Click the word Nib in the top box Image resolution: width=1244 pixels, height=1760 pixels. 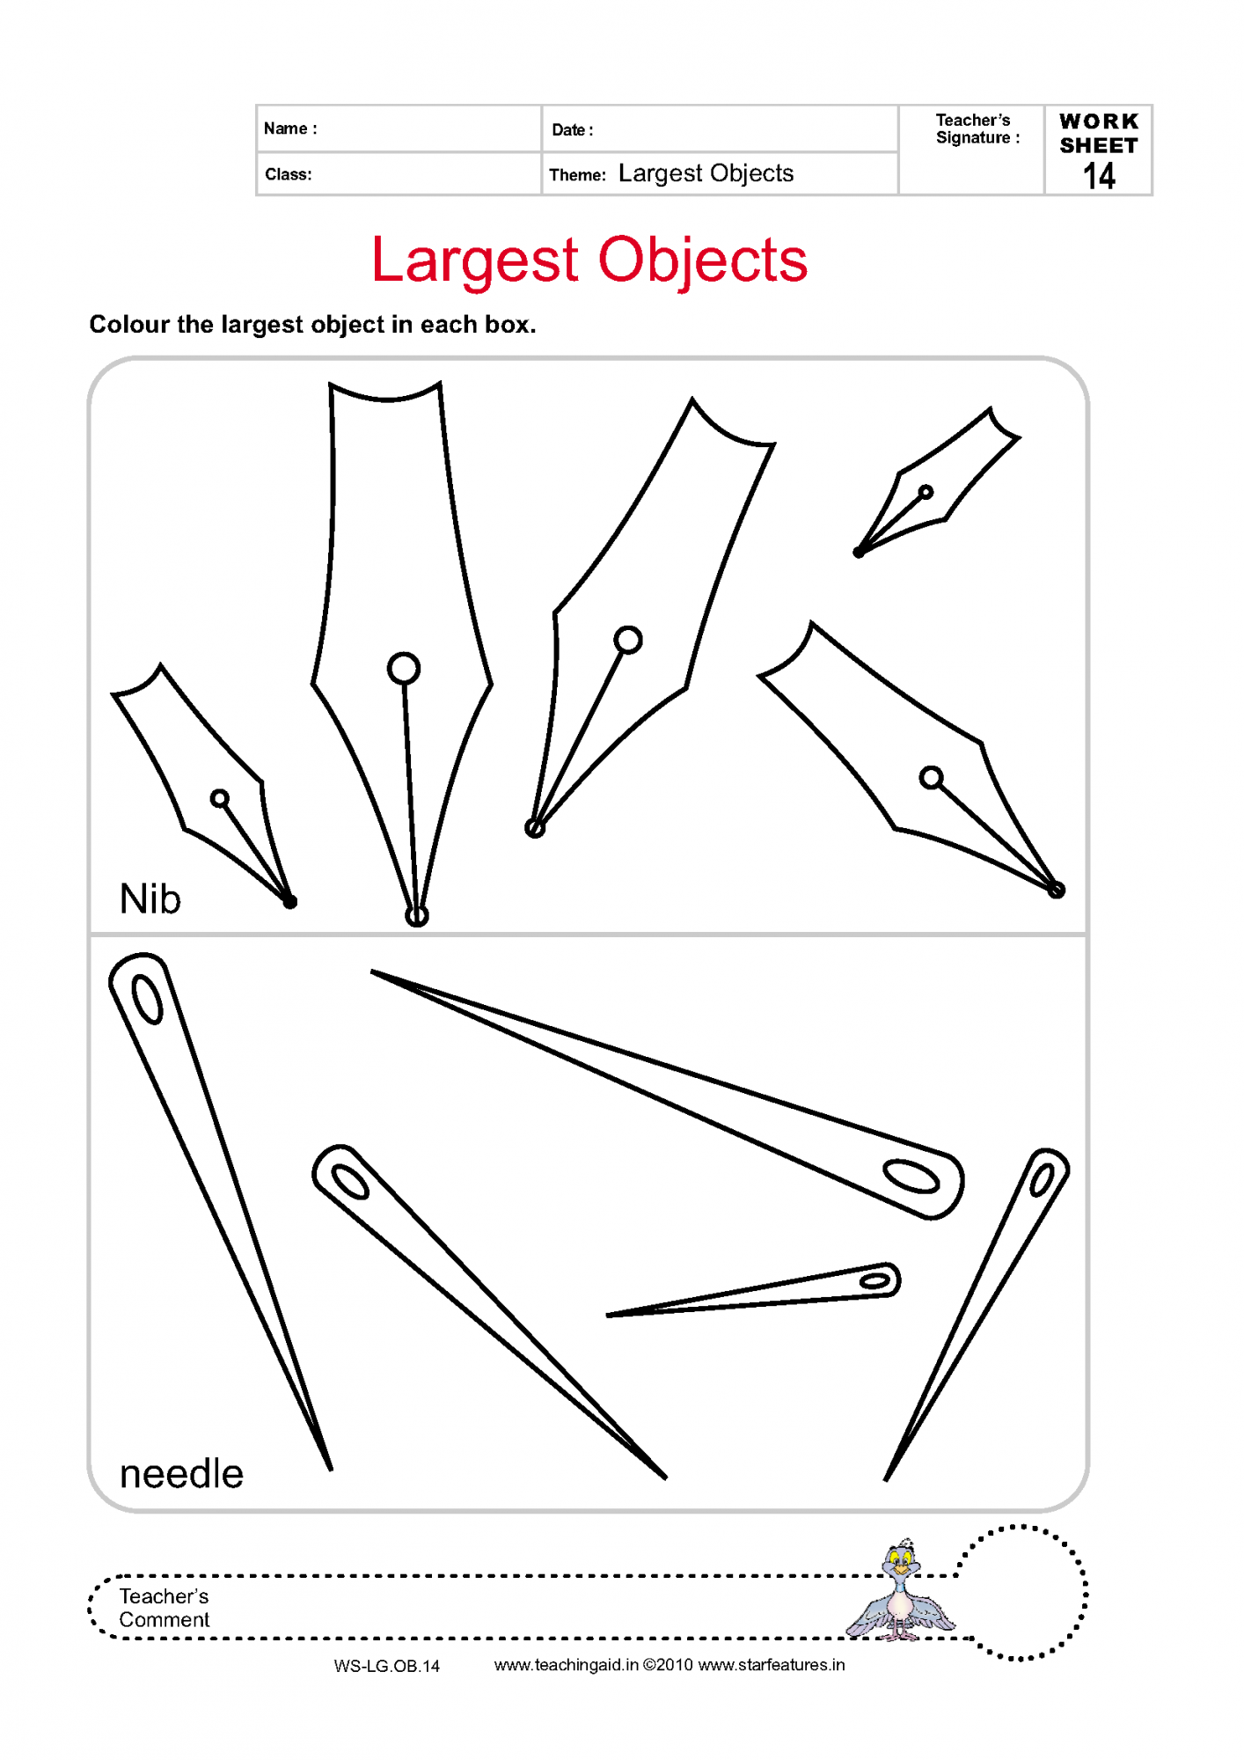click(x=150, y=899)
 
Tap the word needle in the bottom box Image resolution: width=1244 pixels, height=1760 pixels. click(x=181, y=1473)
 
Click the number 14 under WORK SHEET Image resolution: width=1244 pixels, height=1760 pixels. click(x=1099, y=176)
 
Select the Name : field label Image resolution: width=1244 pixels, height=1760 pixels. click(x=290, y=128)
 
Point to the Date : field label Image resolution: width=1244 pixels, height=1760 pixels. click(x=573, y=130)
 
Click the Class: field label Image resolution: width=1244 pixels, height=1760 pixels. click(x=289, y=174)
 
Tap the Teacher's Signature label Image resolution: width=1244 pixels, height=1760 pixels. click(x=977, y=128)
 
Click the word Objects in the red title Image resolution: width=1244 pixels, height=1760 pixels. click(x=703, y=260)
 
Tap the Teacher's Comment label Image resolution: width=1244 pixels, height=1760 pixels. click(x=165, y=1608)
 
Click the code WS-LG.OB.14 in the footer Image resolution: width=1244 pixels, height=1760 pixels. click(x=387, y=1666)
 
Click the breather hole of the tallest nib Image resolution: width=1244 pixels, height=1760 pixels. click(x=404, y=669)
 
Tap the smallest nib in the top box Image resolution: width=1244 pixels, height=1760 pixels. click(x=937, y=482)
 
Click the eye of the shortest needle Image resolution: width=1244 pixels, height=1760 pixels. click(x=875, y=1280)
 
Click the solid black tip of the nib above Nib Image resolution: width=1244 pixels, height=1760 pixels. click(x=289, y=901)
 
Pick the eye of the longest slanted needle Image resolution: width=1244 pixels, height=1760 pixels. click(x=911, y=1177)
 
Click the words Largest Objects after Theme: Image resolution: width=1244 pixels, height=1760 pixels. click(x=706, y=173)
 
